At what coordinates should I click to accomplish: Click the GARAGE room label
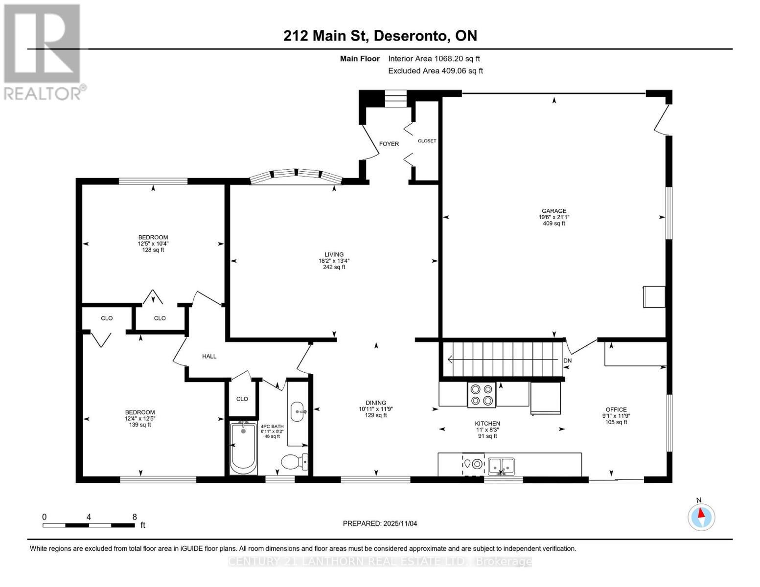(x=553, y=217)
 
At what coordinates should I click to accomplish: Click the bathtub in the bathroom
(x=244, y=448)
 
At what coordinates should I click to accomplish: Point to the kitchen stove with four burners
(x=481, y=395)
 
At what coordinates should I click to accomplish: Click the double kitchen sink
(x=501, y=464)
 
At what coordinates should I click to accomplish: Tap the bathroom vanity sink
(x=298, y=411)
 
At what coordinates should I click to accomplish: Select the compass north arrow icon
(x=701, y=517)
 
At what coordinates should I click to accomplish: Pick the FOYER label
(x=389, y=144)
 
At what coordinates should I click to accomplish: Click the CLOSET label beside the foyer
(x=427, y=141)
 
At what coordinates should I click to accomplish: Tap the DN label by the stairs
(x=567, y=361)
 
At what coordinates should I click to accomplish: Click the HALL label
(x=209, y=356)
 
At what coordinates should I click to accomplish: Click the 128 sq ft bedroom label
(x=153, y=244)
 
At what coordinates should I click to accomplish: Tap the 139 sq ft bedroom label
(x=140, y=418)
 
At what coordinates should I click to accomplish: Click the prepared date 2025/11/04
(x=380, y=523)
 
